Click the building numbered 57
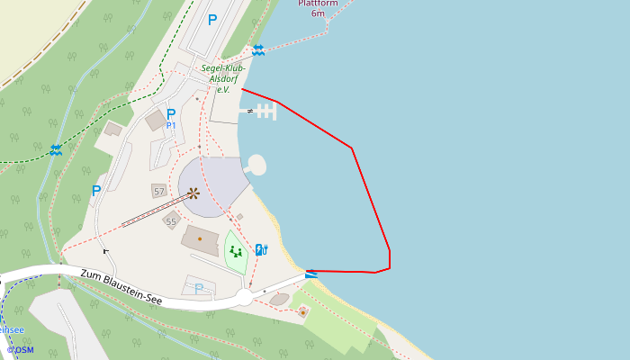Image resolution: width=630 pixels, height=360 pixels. [x=159, y=192]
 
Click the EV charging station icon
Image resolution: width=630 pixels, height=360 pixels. [x=261, y=250]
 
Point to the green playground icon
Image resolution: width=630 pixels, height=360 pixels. [x=236, y=252]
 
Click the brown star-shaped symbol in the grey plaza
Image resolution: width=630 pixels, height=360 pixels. [x=193, y=192]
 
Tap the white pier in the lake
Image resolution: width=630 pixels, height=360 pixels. [x=265, y=111]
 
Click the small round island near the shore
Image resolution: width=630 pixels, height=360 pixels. [x=256, y=165]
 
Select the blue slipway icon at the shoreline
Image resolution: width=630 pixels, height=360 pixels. [x=311, y=274]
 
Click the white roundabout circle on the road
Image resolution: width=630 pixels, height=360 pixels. [x=244, y=297]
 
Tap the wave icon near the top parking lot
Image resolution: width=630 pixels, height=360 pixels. [x=258, y=50]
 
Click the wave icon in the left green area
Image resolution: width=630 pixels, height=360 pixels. [x=56, y=149]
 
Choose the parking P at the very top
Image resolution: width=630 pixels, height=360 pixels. [x=212, y=19]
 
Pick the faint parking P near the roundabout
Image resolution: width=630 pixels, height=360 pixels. [x=199, y=289]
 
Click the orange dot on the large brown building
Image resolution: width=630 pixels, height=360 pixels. [x=200, y=238]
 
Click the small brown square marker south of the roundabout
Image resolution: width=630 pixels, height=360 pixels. [x=303, y=312]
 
